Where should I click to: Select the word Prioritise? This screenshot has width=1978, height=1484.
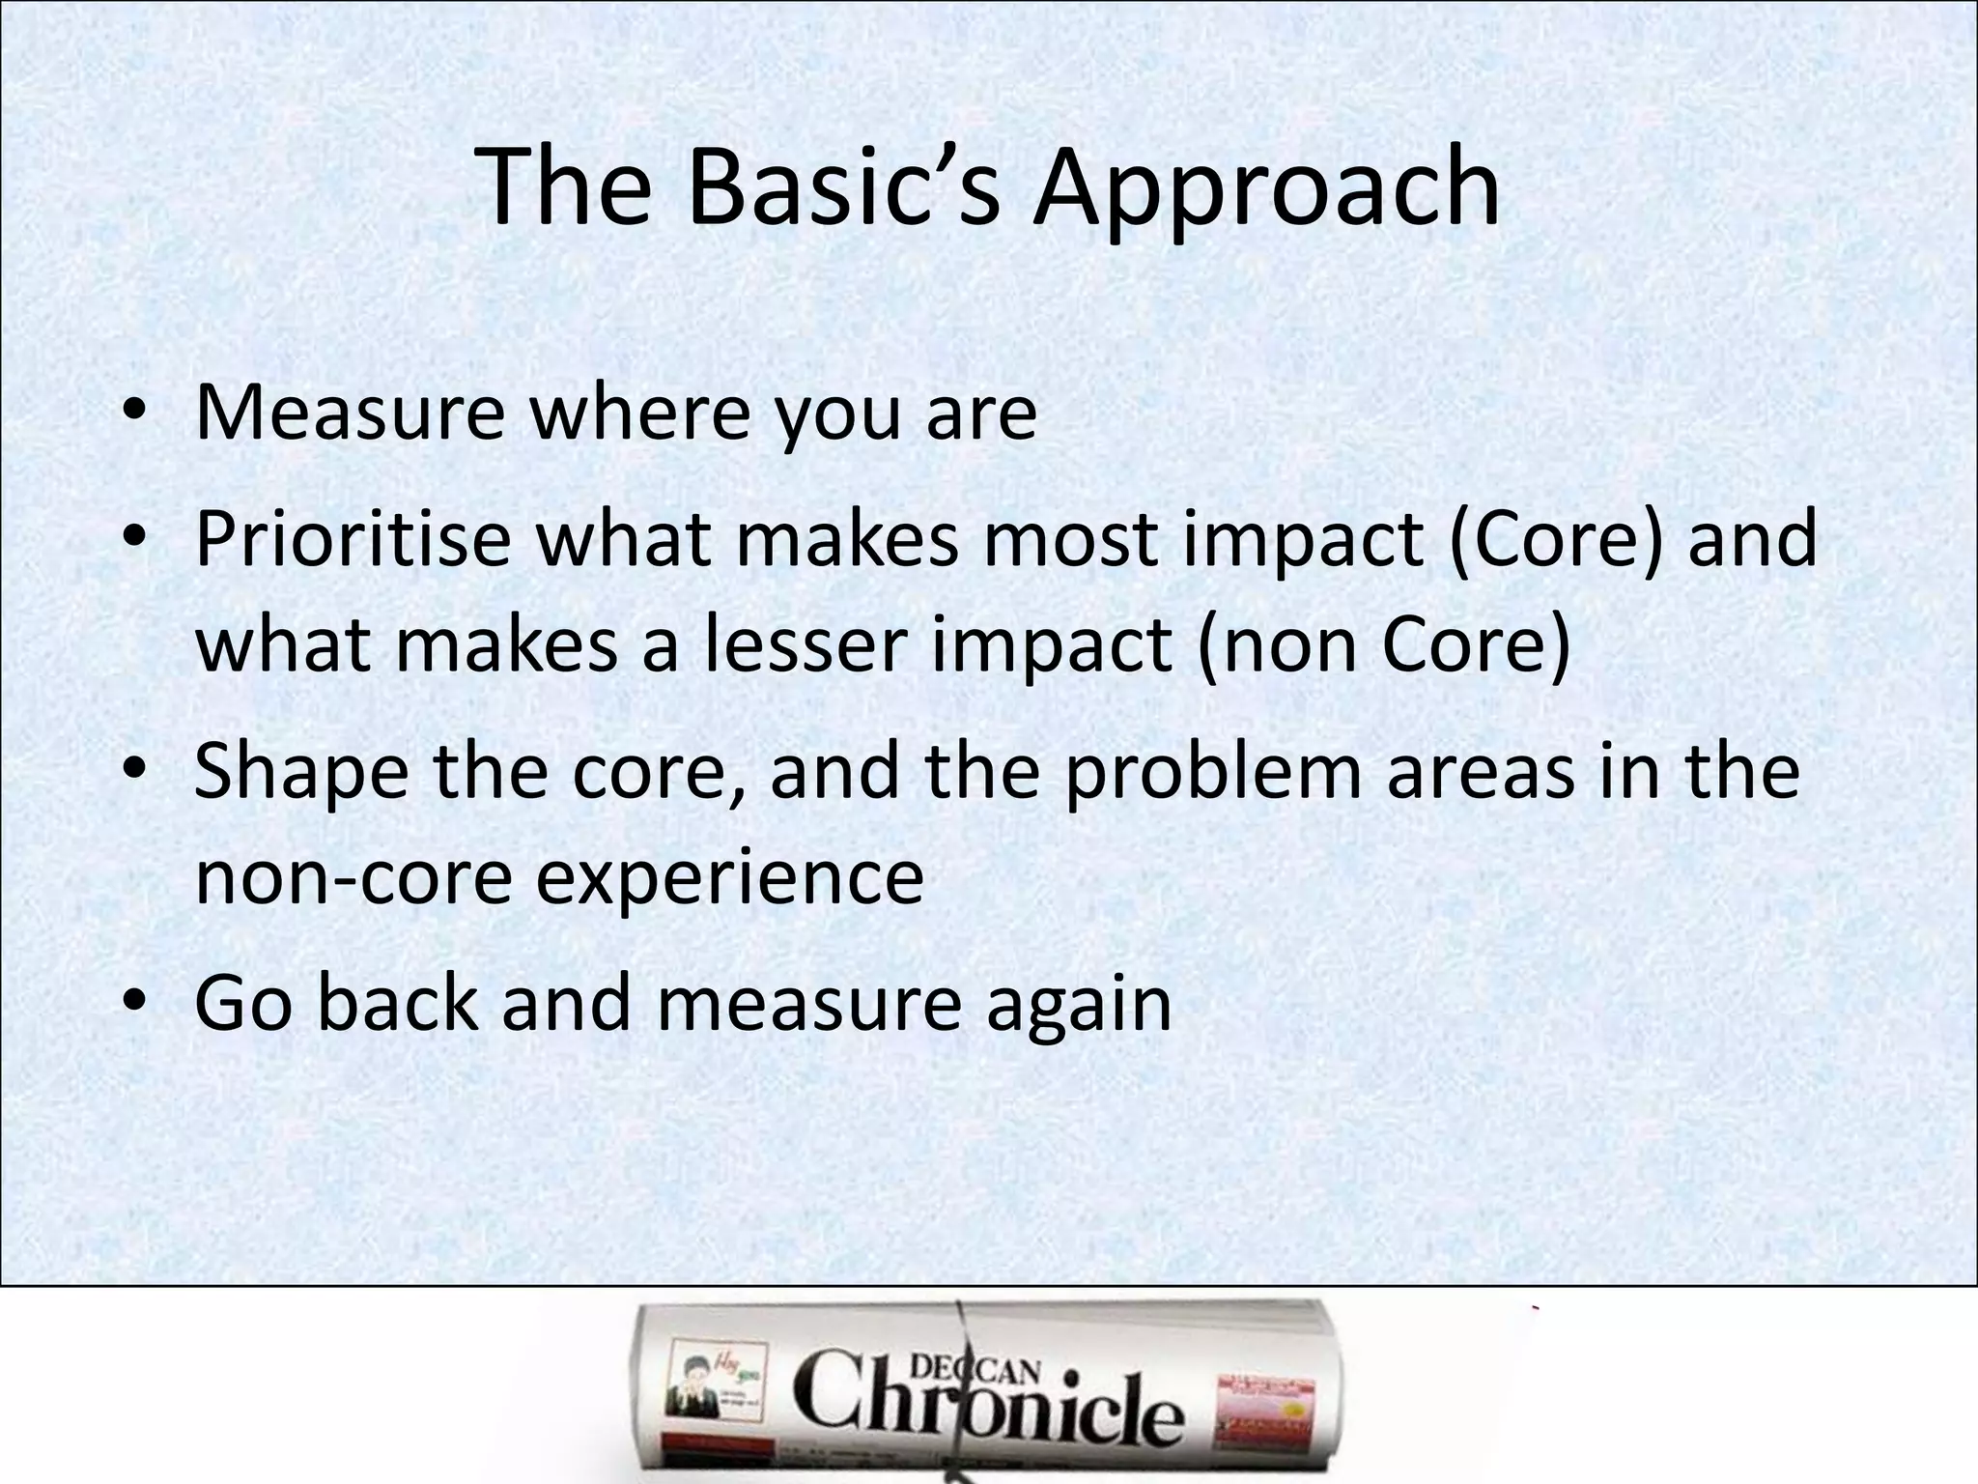(353, 538)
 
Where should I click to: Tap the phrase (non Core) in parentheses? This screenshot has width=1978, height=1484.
(1384, 644)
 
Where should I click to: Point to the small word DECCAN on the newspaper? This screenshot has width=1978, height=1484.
(975, 1369)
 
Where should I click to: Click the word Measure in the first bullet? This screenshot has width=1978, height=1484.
(350, 413)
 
